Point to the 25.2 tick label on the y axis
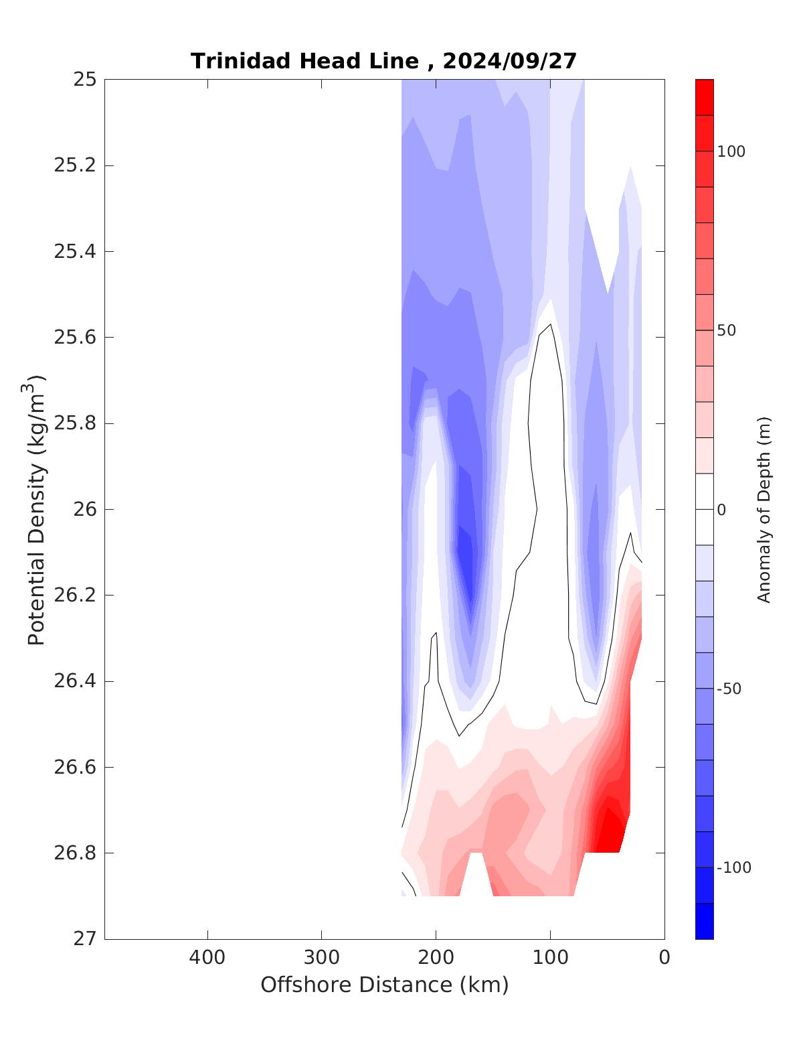74,165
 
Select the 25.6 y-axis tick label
74,338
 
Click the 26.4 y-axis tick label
74,682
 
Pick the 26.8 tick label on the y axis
74,853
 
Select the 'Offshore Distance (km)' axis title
384,985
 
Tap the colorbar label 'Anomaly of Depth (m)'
764,510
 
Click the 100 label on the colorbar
731,152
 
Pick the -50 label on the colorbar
729,689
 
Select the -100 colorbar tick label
733,868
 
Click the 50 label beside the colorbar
727,331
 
